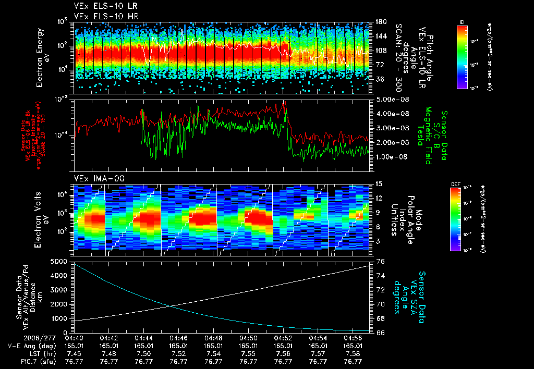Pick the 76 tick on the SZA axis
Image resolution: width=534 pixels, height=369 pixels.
380,262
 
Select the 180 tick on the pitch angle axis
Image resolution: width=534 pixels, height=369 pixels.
380,22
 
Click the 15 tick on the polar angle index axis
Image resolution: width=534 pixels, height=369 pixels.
379,184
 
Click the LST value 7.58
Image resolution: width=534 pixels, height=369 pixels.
353,353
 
